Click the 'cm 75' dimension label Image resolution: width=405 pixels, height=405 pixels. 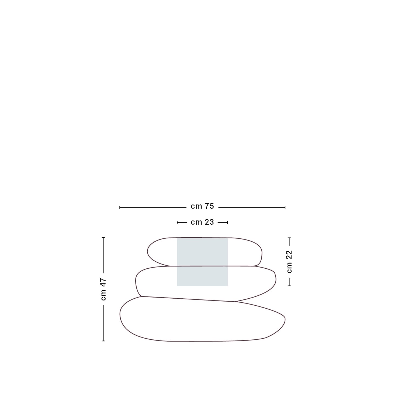(202, 206)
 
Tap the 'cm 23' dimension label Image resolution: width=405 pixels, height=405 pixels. (202, 222)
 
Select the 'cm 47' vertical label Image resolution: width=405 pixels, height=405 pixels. (103, 289)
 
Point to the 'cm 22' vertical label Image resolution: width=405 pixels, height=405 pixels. (289, 262)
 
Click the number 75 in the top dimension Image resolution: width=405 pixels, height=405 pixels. (209, 206)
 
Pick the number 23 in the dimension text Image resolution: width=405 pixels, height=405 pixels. (209, 222)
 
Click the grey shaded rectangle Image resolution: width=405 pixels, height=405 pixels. (202, 262)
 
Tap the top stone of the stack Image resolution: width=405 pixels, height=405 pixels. (204, 252)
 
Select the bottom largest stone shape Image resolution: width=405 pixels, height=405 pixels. (202, 319)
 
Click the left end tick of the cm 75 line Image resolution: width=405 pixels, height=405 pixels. (120, 207)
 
